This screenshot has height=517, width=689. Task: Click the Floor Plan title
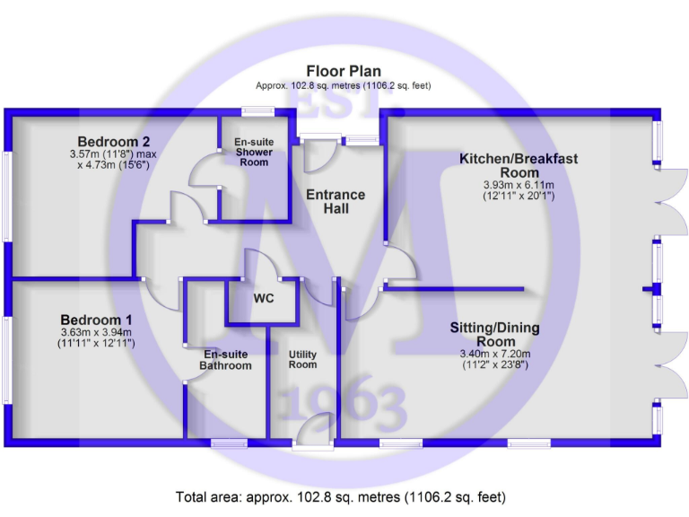click(x=344, y=71)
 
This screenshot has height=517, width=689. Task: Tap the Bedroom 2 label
click(x=113, y=142)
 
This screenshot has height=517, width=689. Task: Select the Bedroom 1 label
click(x=97, y=320)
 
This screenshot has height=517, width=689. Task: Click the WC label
click(x=264, y=298)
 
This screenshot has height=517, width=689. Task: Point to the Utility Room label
click(x=302, y=359)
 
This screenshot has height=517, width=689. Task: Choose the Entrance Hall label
click(x=336, y=202)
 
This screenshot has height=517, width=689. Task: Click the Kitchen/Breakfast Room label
click(x=519, y=165)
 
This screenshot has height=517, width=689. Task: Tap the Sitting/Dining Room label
click(x=494, y=335)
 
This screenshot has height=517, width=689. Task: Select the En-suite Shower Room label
click(x=254, y=153)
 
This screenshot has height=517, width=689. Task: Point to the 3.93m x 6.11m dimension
click(x=519, y=184)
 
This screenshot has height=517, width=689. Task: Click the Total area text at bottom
click(x=341, y=496)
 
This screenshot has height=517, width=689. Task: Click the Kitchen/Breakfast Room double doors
click(x=665, y=203)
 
